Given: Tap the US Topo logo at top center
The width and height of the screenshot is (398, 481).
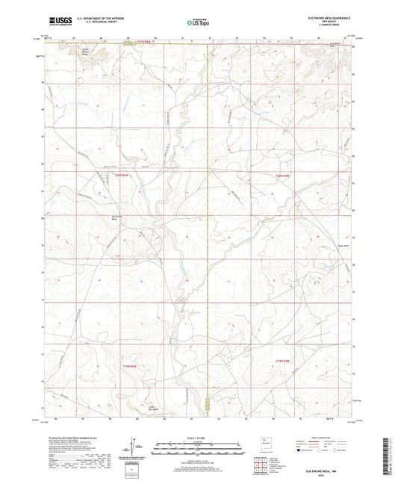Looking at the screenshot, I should coord(196,23).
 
